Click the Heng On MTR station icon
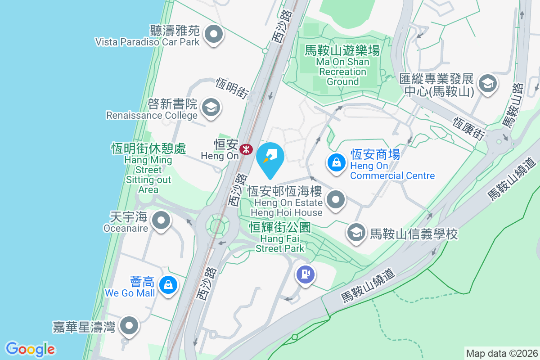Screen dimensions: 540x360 (246, 149)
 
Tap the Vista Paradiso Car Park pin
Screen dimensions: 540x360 (214, 35)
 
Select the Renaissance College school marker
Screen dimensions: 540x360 (210, 108)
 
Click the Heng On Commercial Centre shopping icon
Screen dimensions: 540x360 (336, 162)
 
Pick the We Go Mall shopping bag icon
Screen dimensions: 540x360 (168, 285)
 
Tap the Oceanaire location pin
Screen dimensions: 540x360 (161, 221)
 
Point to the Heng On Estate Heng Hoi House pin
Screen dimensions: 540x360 (335, 199)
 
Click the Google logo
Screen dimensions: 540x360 (31, 349)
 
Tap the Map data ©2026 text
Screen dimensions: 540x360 (501, 353)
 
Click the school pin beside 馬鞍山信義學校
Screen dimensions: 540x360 (356, 234)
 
